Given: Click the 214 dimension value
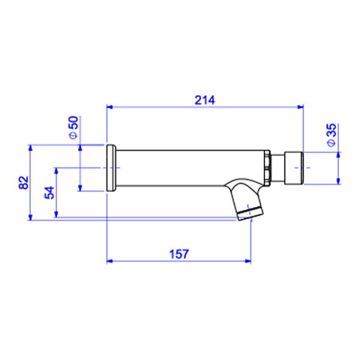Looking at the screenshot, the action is [x=205, y=100].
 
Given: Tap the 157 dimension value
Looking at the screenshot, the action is [x=179, y=254].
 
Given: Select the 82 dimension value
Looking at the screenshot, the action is [x=24, y=182].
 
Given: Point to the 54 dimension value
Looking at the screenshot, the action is [x=49, y=193].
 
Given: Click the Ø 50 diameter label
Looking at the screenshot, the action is [x=73, y=127].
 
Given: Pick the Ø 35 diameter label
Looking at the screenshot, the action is [x=331, y=135].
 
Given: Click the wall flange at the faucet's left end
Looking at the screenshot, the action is [x=111, y=168].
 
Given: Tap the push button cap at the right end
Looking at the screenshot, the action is [x=294, y=168].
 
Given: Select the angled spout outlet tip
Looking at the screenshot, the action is [x=250, y=214].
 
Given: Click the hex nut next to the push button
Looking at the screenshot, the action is [x=267, y=168].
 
